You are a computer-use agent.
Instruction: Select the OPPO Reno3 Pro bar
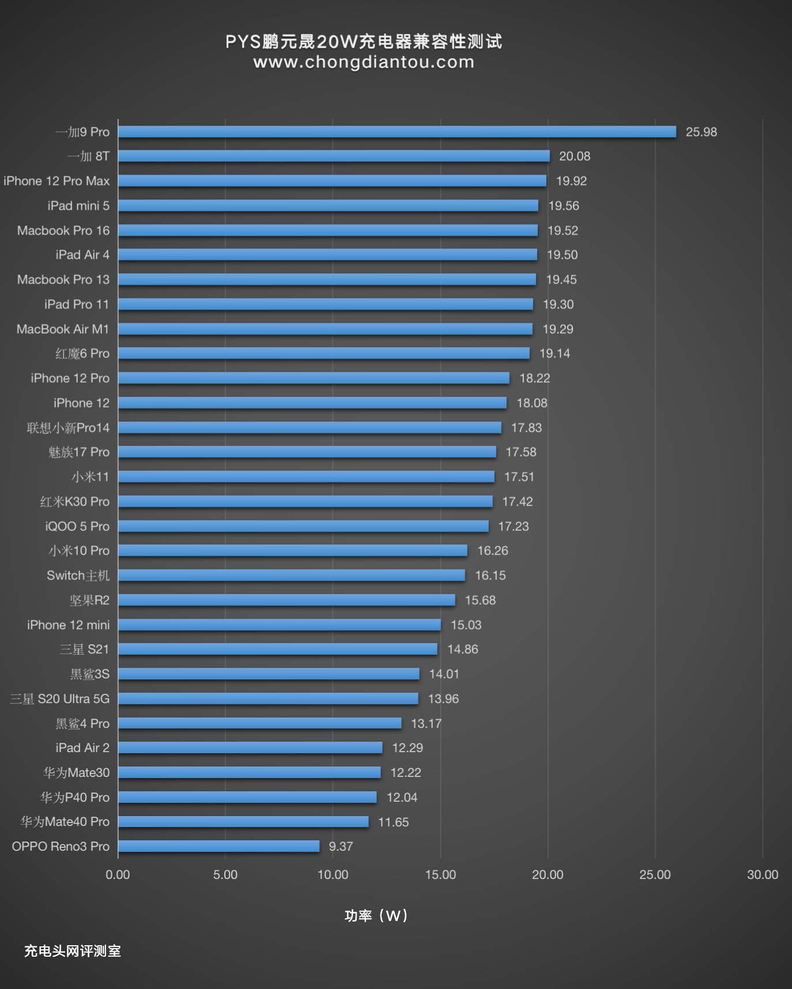(218, 846)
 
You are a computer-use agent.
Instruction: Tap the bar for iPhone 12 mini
(279, 625)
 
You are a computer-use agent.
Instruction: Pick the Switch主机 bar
(291, 575)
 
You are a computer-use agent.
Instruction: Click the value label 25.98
(701, 132)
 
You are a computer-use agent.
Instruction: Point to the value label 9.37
(341, 846)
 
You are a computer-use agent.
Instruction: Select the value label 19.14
(555, 353)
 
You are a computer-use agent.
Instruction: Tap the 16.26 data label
(492, 550)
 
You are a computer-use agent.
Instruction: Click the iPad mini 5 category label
(78, 206)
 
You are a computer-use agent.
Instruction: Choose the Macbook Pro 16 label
(63, 231)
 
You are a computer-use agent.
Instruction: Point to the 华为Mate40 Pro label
(65, 821)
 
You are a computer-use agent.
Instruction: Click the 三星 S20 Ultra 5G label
(60, 699)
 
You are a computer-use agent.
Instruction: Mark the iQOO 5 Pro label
(77, 526)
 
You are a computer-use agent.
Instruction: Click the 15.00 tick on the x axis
(440, 874)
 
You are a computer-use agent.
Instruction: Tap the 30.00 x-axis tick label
(762, 874)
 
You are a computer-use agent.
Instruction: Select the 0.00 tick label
(118, 874)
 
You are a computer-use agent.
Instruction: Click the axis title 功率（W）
(376, 915)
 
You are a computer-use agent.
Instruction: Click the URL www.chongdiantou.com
(364, 62)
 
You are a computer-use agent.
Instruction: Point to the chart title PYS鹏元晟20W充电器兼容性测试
(364, 41)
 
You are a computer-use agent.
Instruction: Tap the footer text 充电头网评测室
(73, 951)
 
